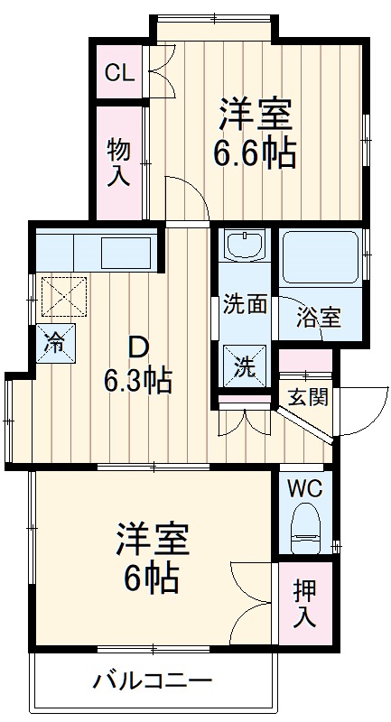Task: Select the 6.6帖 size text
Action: tap(254, 153)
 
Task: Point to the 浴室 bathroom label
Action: tap(320, 317)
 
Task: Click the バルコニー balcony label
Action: tap(153, 680)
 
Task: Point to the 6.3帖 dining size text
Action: tap(137, 380)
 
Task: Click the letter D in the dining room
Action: tap(137, 347)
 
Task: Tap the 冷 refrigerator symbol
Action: tap(55, 342)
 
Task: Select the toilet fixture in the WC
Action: tap(306, 529)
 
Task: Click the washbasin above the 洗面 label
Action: tap(244, 245)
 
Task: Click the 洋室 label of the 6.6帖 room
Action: tap(255, 115)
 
